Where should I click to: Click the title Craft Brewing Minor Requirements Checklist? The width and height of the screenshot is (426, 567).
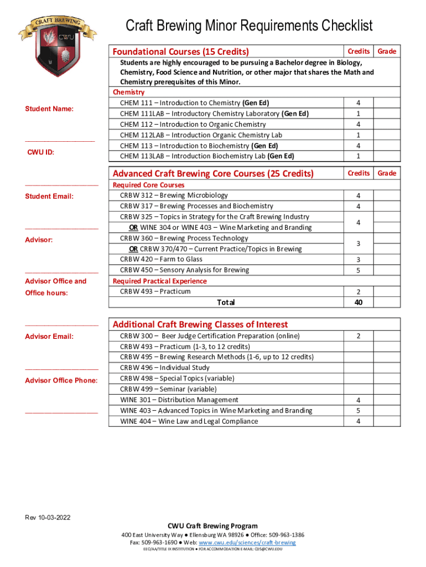click(x=249, y=25)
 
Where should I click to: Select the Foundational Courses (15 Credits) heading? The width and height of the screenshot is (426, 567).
click(x=180, y=51)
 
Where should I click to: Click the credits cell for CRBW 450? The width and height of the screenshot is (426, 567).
click(x=359, y=270)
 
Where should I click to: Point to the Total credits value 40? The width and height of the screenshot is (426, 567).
click(x=359, y=302)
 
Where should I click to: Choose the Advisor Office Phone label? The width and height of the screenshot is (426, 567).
click(x=61, y=380)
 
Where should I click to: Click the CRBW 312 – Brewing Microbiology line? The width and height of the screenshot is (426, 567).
click(x=174, y=195)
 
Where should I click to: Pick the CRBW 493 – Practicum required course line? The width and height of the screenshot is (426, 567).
click(x=155, y=292)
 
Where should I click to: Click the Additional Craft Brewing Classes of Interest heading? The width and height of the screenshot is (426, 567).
click(x=200, y=324)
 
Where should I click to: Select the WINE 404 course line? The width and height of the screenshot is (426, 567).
click(x=189, y=421)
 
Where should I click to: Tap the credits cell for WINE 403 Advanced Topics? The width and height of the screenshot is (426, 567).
click(x=359, y=411)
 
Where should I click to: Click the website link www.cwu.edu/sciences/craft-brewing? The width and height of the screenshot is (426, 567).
click(x=258, y=543)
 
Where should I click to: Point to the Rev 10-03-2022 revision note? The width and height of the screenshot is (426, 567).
click(x=48, y=518)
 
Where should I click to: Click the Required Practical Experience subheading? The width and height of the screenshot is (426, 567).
click(x=159, y=281)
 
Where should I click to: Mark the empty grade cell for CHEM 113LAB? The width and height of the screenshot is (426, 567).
click(x=387, y=156)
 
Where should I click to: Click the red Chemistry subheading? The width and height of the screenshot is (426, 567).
click(x=128, y=92)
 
